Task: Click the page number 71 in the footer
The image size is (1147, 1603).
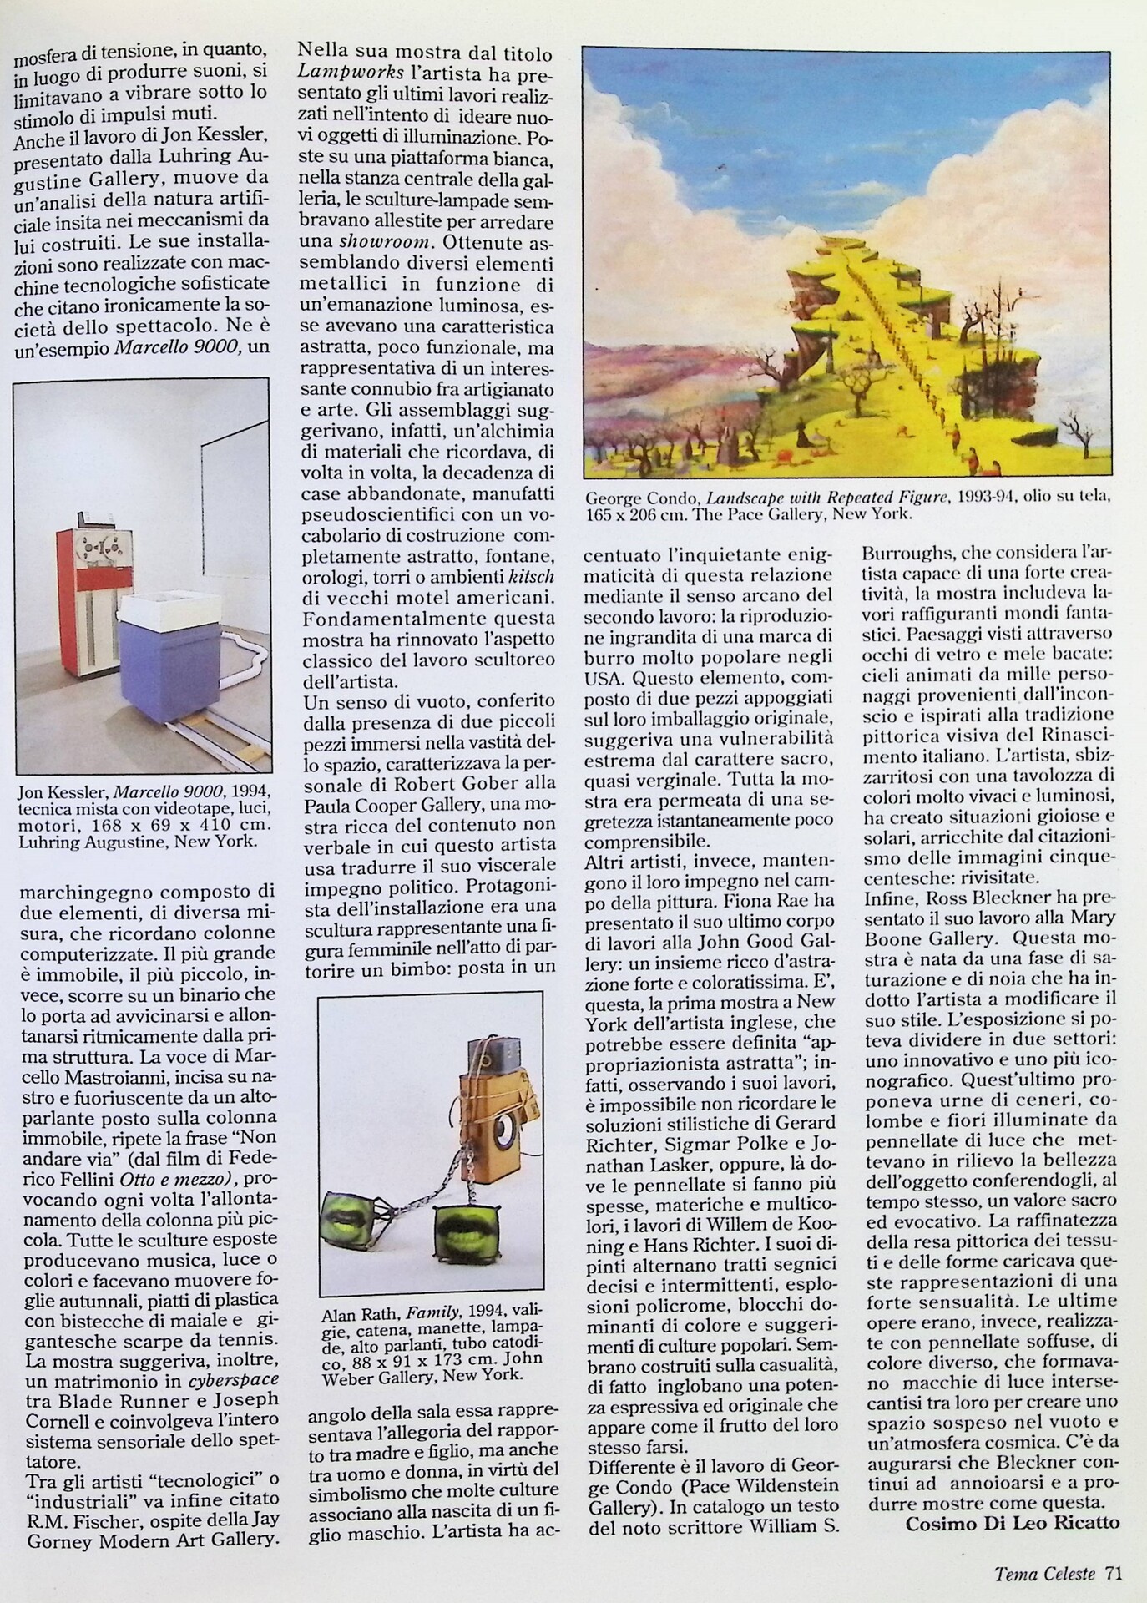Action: click(x=1114, y=1573)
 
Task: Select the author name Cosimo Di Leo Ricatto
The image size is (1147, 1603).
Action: click(x=1012, y=1522)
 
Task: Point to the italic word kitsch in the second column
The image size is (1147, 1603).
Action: click(x=531, y=576)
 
